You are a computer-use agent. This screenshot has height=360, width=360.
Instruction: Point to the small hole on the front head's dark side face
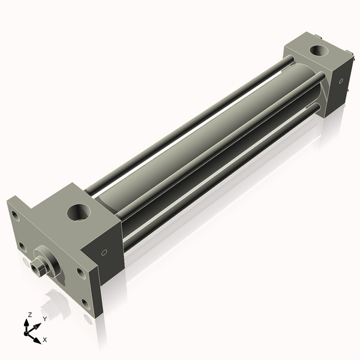(x=106, y=252)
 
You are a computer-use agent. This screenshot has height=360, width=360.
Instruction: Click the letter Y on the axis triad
(x=44, y=319)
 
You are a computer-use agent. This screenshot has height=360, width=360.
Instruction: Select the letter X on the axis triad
(x=44, y=340)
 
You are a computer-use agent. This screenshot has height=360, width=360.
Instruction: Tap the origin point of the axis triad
(x=28, y=331)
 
